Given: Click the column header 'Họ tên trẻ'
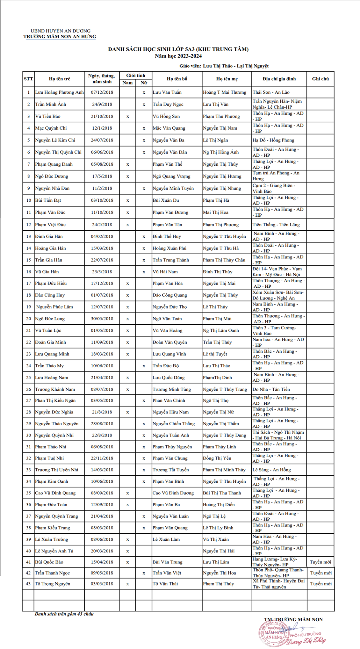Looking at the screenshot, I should (59, 79).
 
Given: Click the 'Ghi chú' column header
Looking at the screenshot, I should (320, 79).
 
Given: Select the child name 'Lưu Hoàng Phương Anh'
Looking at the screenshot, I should (59, 92).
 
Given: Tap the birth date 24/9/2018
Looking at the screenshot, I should (102, 105).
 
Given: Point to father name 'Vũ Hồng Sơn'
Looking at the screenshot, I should (166, 117).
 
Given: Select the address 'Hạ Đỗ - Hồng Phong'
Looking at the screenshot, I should (273, 140).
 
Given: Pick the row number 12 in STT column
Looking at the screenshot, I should (28, 225).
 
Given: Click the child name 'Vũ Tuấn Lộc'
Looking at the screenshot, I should (48, 330).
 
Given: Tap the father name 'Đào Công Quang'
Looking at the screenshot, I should (170, 295).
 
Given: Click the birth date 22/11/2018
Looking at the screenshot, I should (102, 458).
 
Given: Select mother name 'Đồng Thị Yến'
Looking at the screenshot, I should (217, 458).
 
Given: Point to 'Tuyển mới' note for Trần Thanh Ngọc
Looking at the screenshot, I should (320, 573).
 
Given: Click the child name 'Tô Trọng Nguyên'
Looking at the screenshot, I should (53, 584).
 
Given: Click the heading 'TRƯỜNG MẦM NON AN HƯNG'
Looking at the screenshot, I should (60, 37).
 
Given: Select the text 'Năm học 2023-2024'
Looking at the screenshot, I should (178, 56).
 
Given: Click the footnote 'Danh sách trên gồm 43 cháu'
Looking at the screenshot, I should (64, 614).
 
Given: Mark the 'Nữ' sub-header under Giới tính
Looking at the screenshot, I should (144, 83).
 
